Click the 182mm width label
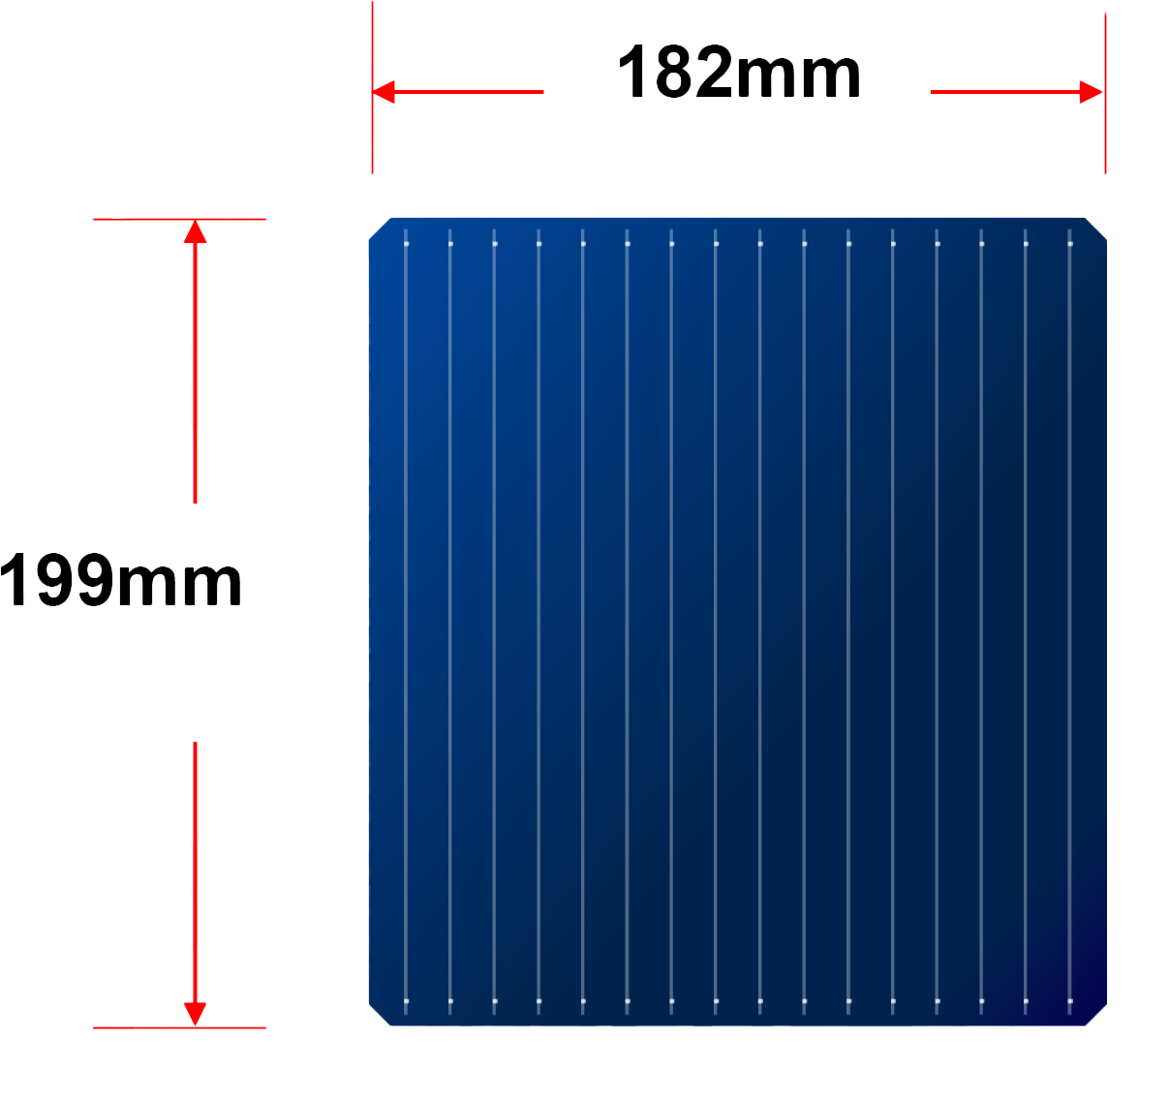pos(739,72)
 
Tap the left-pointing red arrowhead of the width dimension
pos(384,92)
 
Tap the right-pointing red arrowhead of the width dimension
pos(1091,92)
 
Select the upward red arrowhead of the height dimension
pos(195,231)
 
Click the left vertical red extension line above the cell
pos(372,88)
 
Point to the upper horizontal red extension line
pos(179,219)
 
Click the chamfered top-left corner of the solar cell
pos(381,229)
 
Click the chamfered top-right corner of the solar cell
pos(1095,229)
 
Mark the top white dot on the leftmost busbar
pos(406,244)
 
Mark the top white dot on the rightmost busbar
pos(1070,244)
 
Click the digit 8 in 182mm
pos(673,72)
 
